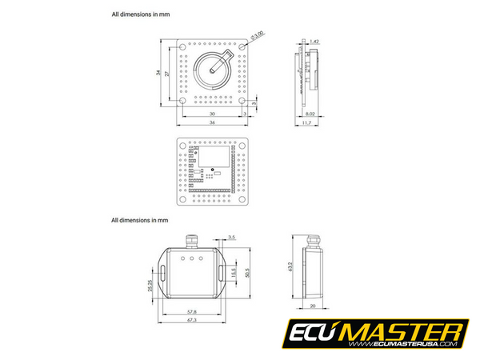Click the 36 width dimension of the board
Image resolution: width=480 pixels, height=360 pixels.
213,123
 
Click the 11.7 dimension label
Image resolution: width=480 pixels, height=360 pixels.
307,123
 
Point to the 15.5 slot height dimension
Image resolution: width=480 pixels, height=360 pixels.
233,273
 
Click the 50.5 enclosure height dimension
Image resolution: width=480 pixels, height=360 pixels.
247,273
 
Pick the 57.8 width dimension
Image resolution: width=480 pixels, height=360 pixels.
191,310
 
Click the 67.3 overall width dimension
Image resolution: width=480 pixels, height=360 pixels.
191,320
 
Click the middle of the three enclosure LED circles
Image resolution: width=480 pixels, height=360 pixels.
193,259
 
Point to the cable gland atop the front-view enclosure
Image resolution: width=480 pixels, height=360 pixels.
193,238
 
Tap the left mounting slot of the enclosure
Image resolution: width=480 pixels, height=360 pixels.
163,273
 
